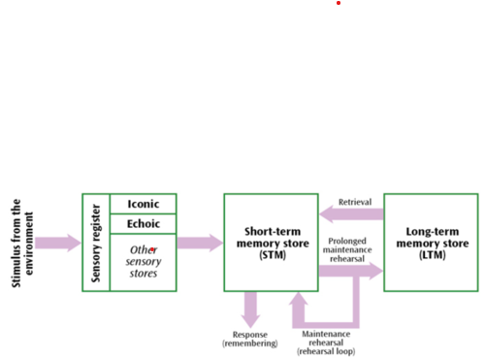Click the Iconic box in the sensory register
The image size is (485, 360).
click(144, 204)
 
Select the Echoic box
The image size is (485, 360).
click(144, 223)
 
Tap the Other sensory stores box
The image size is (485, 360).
click(144, 261)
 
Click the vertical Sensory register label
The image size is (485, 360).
click(96, 243)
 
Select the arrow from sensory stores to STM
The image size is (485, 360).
click(200, 243)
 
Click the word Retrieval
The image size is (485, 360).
click(355, 203)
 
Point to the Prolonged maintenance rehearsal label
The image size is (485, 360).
click(350, 248)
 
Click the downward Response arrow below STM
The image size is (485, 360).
click(250, 310)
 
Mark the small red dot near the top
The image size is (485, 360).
click(339, 3)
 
